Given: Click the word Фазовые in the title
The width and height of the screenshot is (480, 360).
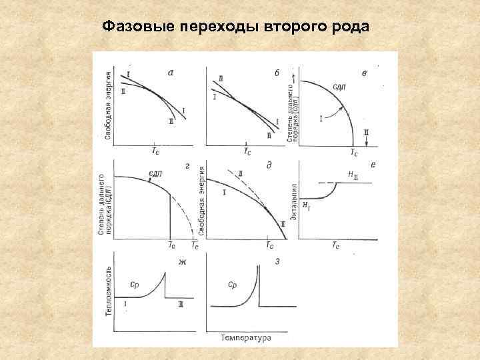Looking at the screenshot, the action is [x=135, y=27].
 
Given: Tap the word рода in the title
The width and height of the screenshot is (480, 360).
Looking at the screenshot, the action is [x=347, y=27].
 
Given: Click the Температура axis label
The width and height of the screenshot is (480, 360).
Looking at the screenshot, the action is [x=245, y=338].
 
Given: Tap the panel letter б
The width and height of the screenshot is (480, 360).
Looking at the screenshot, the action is [x=276, y=73].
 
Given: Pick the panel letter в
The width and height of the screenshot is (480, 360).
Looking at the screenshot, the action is [x=363, y=73].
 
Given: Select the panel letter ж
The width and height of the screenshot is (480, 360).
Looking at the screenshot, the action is [x=181, y=261].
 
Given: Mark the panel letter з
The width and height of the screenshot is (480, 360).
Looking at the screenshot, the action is [x=277, y=261].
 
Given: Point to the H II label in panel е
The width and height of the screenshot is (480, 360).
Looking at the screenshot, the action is [x=353, y=175].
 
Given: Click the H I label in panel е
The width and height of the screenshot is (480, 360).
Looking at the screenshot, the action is [x=306, y=205].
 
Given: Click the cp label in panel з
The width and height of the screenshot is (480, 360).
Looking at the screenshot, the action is [x=233, y=284].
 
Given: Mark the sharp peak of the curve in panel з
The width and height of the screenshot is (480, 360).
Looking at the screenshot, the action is [x=258, y=265].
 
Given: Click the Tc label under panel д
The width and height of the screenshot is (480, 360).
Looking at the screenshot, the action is [x=269, y=245].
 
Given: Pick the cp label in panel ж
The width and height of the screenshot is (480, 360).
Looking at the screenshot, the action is [x=134, y=285].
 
